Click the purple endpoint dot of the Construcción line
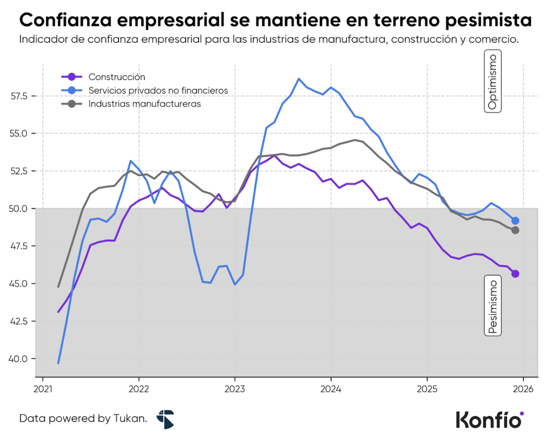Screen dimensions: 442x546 click(515, 274)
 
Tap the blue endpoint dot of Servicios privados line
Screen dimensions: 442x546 click(515, 221)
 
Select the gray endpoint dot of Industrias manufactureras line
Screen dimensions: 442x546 click(515, 230)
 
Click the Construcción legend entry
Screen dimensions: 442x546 click(117, 77)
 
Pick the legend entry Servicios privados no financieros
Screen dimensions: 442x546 click(158, 91)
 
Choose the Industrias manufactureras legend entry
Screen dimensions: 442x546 click(144, 104)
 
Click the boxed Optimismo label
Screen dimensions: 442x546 click(493, 81)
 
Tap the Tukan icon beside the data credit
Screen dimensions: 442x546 click(165, 419)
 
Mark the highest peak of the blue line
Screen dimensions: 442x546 click(299, 78)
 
